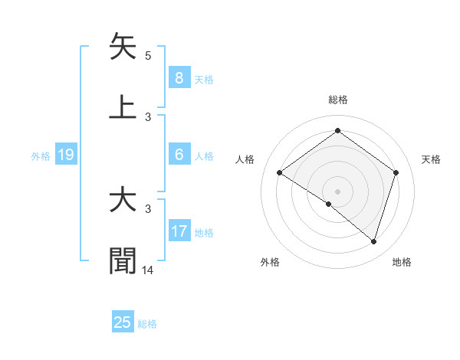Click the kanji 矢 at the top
coord(123,47)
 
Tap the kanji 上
coord(123,106)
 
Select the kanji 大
coord(123,200)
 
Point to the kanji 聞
coord(123,260)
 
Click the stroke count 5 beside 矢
coord(148,56)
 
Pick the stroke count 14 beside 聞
coord(148,270)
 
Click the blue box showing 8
coord(179,77)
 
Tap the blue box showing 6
coord(179,155)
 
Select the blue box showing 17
coord(179,231)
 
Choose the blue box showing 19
coord(66,155)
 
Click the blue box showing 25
coord(122,322)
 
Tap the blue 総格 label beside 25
coord(147,324)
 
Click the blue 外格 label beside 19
coord(41,156)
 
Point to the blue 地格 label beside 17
coord(204,233)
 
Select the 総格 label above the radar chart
coord(337,100)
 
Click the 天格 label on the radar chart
coord(431,159)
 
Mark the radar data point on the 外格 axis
coord(329,204)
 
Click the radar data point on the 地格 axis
coord(373,241)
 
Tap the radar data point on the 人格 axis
coord(280,172)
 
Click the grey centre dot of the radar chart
coord(337,191)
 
